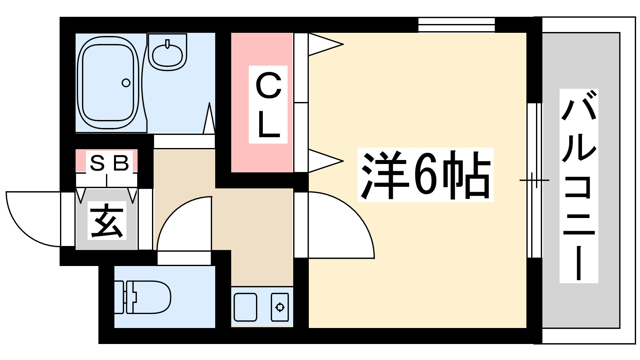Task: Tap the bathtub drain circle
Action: (126, 83)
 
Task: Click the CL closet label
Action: (268, 104)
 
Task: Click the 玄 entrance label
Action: (107, 220)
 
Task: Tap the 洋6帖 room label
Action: (425, 175)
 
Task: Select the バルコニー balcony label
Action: (578, 186)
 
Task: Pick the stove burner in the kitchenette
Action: (280, 307)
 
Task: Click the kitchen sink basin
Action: (245, 307)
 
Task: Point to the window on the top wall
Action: (456, 25)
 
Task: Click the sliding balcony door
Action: (534, 180)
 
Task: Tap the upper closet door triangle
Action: (324, 44)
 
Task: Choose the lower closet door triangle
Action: (324, 161)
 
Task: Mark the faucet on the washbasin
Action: (167, 44)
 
